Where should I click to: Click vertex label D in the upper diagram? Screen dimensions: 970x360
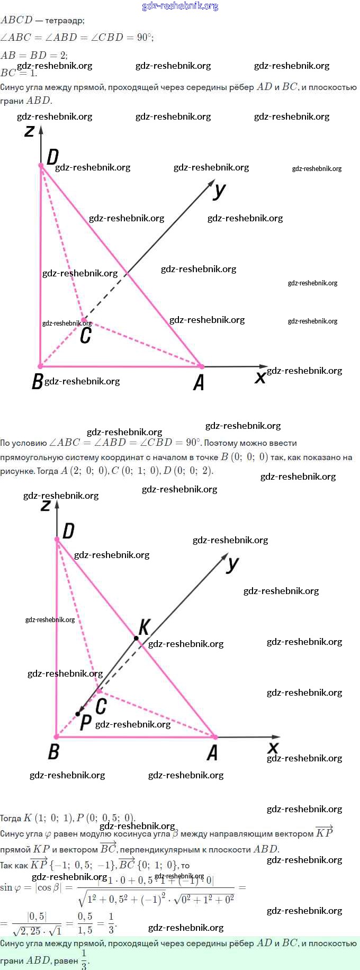(52, 157)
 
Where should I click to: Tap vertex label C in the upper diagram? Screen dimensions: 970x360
(85, 335)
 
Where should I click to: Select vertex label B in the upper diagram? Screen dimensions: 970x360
(37, 381)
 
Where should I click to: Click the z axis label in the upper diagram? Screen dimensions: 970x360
(30, 130)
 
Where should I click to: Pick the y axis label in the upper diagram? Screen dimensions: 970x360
(219, 190)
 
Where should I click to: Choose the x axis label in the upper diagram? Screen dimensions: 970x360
(260, 378)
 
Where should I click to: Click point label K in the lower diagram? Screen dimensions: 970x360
(143, 627)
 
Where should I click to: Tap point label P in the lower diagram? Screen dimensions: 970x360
(85, 723)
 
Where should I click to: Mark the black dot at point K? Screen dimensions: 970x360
(136, 639)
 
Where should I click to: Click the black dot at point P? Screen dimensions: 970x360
(78, 714)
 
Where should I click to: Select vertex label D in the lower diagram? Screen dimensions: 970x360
(68, 531)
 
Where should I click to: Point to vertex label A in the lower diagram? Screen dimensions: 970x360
(212, 752)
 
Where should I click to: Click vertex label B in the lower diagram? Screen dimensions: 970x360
(53, 752)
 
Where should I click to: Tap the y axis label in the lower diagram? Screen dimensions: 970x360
(232, 564)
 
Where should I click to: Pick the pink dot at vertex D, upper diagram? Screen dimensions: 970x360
(41, 165)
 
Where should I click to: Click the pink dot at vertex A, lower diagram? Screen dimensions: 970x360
(214, 737)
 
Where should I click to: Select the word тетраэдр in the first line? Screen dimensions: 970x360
(65, 21)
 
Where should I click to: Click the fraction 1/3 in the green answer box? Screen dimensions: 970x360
(84, 959)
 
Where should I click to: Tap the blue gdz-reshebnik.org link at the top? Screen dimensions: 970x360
(180, 6)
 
